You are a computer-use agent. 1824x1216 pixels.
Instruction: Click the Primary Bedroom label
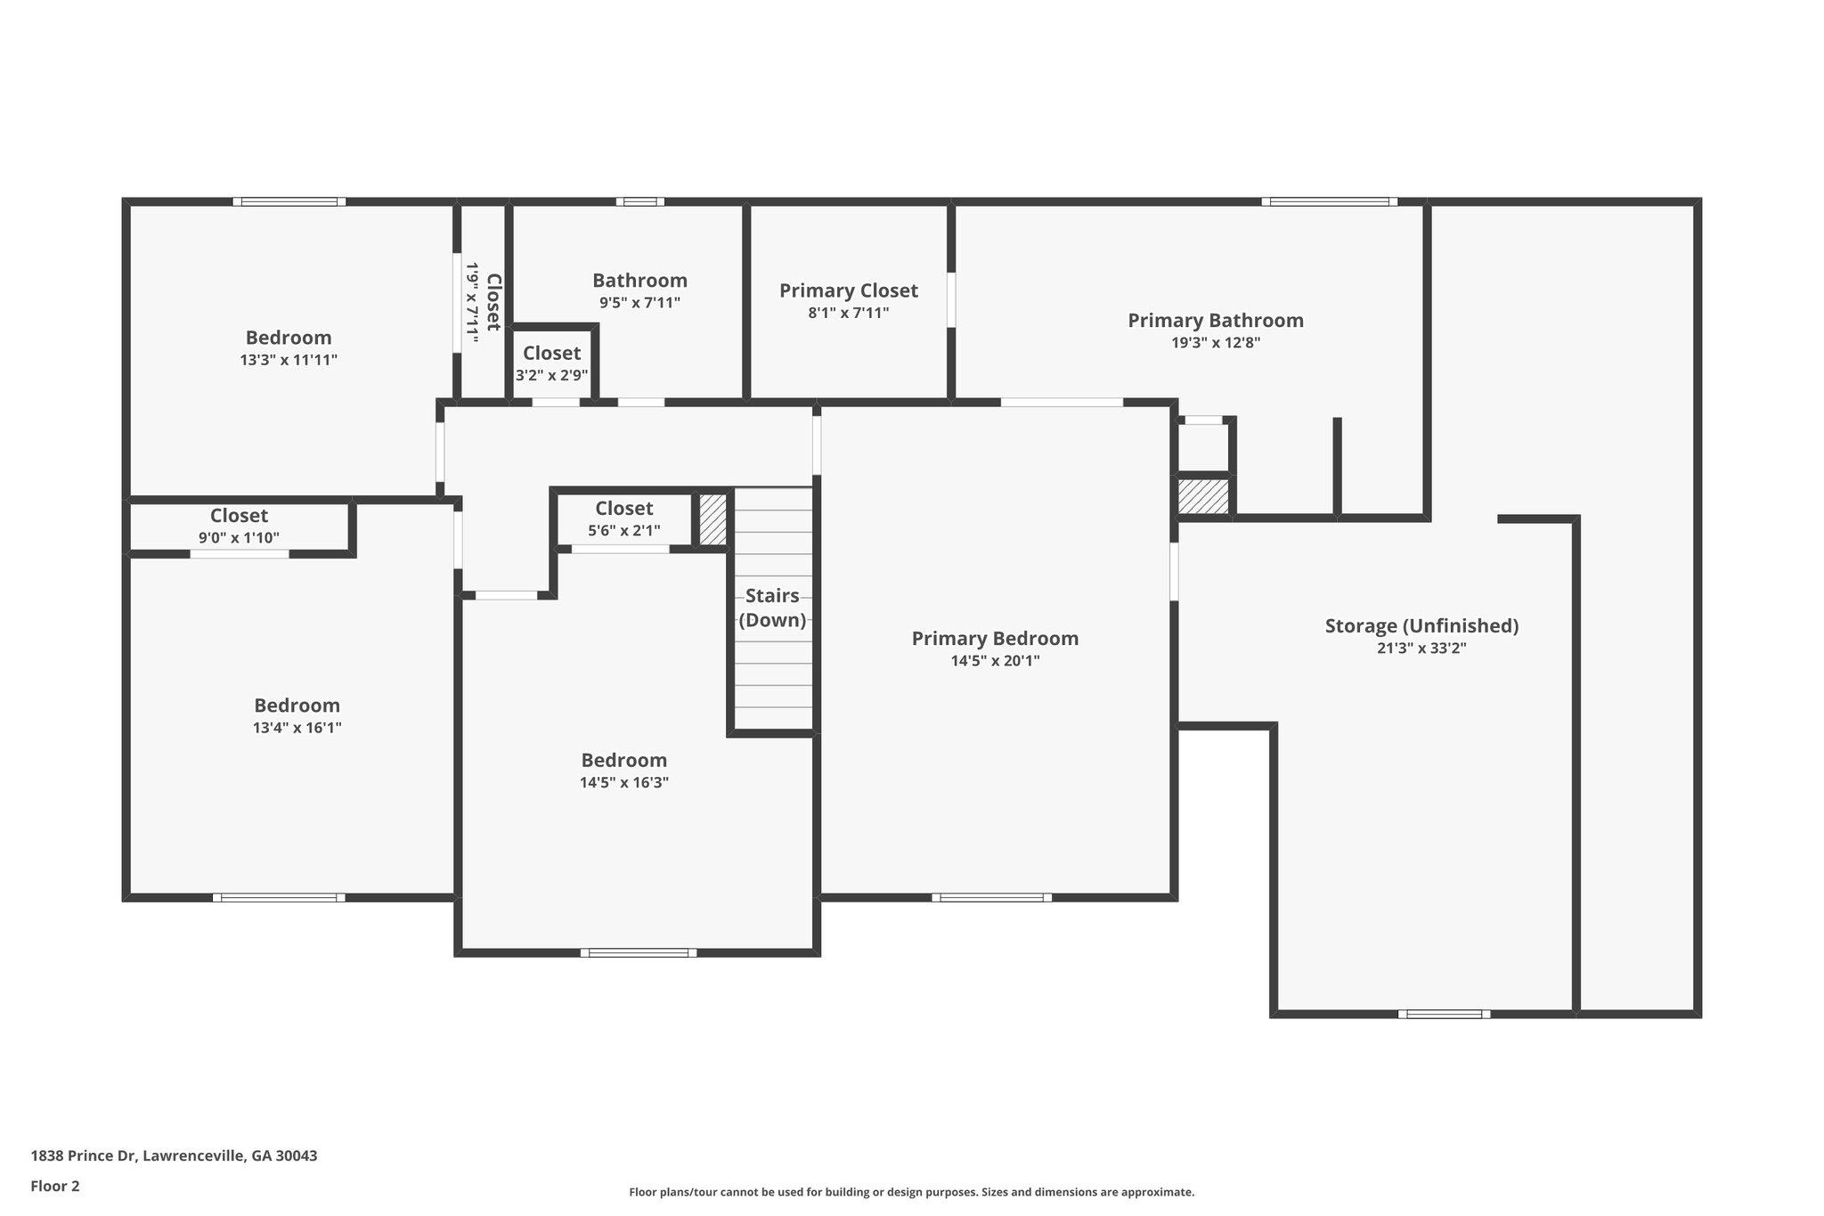pyautogui.click(x=995, y=639)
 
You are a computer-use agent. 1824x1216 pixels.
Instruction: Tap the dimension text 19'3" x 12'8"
pyautogui.click(x=1216, y=343)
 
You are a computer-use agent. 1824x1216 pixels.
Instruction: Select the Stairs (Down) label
pyautogui.click(x=772, y=608)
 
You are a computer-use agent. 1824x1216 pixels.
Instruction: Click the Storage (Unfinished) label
pyautogui.click(x=1421, y=626)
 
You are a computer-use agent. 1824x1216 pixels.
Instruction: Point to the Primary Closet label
pyautogui.click(x=848, y=290)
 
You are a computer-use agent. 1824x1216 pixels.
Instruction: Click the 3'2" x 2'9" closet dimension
pyautogui.click(x=551, y=376)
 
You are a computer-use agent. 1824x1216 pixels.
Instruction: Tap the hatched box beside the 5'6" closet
pyautogui.click(x=712, y=519)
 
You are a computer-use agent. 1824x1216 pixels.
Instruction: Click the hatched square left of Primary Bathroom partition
pyautogui.click(x=1203, y=496)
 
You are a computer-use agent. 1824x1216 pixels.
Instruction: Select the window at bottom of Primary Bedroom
pyautogui.click(x=991, y=897)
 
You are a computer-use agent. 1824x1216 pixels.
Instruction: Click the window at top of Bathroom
pyautogui.click(x=639, y=201)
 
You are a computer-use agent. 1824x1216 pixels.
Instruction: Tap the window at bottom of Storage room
pyautogui.click(x=1444, y=1014)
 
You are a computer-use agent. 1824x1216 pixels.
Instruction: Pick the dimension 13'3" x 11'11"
pyautogui.click(x=289, y=361)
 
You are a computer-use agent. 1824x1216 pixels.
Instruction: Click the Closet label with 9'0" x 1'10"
pyautogui.click(x=239, y=516)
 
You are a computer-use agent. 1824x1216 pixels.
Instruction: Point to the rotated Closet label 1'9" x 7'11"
pyautogui.click(x=493, y=302)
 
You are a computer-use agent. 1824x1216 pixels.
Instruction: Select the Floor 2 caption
pyautogui.click(x=55, y=1186)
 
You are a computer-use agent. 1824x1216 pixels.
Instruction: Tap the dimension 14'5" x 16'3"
pyautogui.click(x=623, y=783)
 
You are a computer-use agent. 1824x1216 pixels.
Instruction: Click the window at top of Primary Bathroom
pyautogui.click(x=1329, y=201)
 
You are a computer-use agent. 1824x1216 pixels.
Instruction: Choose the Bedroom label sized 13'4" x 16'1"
pyautogui.click(x=297, y=706)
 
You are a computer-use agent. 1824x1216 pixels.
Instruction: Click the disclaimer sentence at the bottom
pyautogui.click(x=911, y=1192)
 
